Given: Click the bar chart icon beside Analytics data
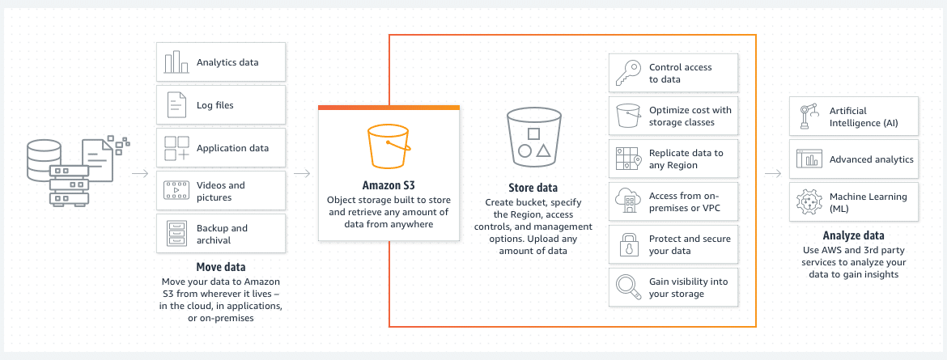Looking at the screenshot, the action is click(x=176, y=62).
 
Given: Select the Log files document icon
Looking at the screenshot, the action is click(x=176, y=105).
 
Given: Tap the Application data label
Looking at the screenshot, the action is click(x=232, y=148).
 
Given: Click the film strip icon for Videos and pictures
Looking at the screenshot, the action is click(x=176, y=191).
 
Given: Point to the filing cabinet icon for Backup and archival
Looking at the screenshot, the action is click(x=176, y=234).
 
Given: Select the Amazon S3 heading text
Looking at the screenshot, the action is click(x=389, y=185).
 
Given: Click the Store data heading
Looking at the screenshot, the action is click(x=534, y=187).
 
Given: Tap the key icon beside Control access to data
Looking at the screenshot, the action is click(x=628, y=73).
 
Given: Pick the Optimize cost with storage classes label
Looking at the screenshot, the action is click(x=690, y=116).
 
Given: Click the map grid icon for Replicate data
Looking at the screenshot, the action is click(x=628, y=159).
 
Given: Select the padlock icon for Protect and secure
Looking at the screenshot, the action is click(x=628, y=244).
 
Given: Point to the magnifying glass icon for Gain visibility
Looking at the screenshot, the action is click(x=628, y=287).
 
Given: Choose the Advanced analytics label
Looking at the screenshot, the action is click(x=872, y=159).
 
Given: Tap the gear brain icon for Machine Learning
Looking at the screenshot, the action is click(x=809, y=202).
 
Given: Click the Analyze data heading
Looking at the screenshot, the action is click(x=853, y=235).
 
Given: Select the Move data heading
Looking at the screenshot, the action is click(x=221, y=267).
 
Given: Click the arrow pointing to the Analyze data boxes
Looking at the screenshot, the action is click(x=773, y=174).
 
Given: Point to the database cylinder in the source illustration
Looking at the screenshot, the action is click(x=44, y=159).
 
